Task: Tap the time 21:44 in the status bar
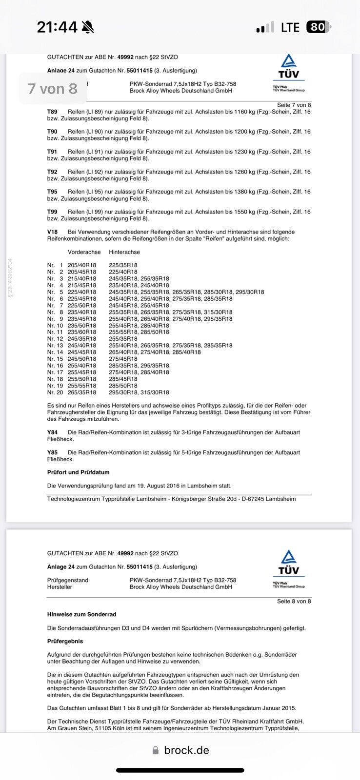tap(57, 27)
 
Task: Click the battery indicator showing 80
tap(318, 27)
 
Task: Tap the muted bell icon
tap(88, 27)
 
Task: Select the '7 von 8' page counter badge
tap(53, 89)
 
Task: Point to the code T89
tap(52, 112)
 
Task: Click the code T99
tap(52, 212)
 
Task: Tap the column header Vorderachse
tap(84, 252)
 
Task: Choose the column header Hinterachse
tap(124, 252)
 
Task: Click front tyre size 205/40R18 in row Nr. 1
tap(82, 265)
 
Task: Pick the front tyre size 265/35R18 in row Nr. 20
tap(82, 392)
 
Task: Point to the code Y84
tap(52, 432)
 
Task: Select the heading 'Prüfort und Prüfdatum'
tap(78, 472)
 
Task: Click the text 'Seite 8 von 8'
tap(294, 601)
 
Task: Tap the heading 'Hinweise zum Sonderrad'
tap(81, 614)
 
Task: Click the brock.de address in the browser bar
tap(186, 750)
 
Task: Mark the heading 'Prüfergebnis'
tap(65, 641)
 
